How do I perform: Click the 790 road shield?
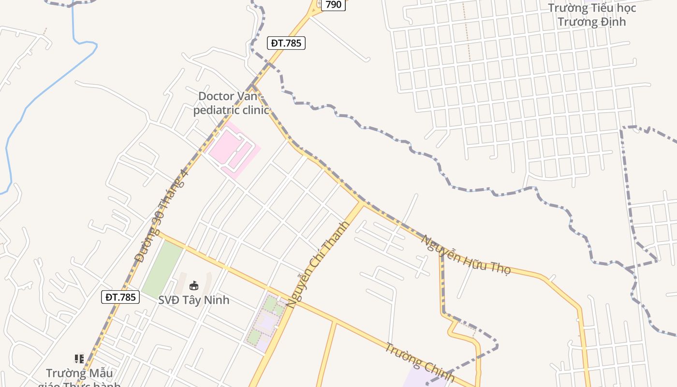pyautogui.click(x=334, y=5)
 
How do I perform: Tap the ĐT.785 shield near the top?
pyautogui.click(x=286, y=43)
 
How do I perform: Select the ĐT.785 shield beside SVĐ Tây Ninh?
pyautogui.click(x=120, y=297)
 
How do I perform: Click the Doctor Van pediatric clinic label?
pyautogui.click(x=232, y=103)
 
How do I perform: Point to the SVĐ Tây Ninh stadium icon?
pyautogui.click(x=194, y=286)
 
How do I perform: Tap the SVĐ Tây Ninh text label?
pyautogui.click(x=194, y=300)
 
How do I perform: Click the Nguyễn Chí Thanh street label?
pyautogui.click(x=317, y=265)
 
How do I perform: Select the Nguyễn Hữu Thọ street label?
pyautogui.click(x=466, y=254)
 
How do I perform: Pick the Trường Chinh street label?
pyautogui.click(x=420, y=362)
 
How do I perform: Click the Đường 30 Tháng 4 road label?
pyautogui.click(x=161, y=216)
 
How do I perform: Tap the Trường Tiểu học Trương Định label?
pyautogui.click(x=592, y=15)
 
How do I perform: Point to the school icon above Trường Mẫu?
pyautogui.click(x=79, y=359)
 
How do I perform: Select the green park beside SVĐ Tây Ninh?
pyautogui.click(x=162, y=268)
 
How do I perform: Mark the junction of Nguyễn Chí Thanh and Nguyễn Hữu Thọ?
pyautogui.click(x=362, y=202)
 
